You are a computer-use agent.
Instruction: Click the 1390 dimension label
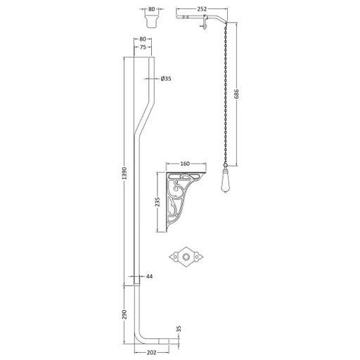click(x=124, y=173)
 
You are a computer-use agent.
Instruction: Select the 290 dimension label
click(x=124, y=314)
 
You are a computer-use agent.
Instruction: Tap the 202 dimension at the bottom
click(x=152, y=352)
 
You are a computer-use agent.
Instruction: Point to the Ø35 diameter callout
click(x=166, y=79)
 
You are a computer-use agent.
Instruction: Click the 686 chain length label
click(x=236, y=94)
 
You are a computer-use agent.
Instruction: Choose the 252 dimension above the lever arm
click(x=202, y=9)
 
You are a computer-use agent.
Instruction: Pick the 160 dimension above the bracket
click(x=185, y=164)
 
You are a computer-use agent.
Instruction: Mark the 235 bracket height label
click(x=157, y=202)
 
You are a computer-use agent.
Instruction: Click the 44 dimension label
click(x=149, y=276)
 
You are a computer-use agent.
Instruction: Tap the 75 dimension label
click(x=143, y=47)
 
